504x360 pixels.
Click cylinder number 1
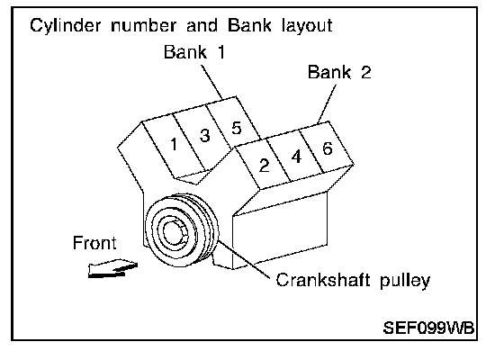coord(174,144)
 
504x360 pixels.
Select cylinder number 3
coord(205,135)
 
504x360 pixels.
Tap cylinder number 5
coord(236,128)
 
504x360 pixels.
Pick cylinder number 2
coord(264,166)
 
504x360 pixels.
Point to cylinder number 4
coord(296,157)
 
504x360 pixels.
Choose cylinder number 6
coord(327,148)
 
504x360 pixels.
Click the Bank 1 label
coord(194,52)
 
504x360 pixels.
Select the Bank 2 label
coord(339,72)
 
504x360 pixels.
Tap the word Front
coord(94,243)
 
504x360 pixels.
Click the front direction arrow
coord(112,268)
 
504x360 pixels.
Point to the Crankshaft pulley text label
coord(353,280)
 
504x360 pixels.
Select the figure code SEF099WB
coord(428,328)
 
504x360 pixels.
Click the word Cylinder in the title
coord(65,25)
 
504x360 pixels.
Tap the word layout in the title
coord(307,25)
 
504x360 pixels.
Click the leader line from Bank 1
coord(211,81)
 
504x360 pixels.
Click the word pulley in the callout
coord(405,281)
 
